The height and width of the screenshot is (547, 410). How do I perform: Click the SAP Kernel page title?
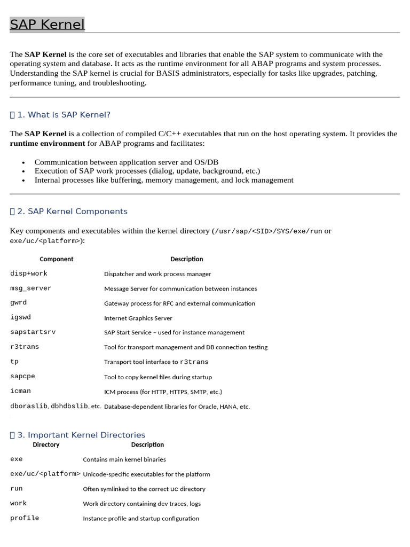point(47,25)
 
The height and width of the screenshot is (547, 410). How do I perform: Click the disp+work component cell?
point(29,273)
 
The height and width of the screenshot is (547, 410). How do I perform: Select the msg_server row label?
point(31,288)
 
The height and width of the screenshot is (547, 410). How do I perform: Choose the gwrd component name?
point(18,303)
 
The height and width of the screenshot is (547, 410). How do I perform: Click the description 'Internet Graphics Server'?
point(138,318)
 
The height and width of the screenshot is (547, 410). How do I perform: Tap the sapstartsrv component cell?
point(33,332)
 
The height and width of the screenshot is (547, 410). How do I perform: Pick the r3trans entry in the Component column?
point(25,347)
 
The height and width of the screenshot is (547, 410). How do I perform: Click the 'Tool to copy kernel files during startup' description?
point(158,377)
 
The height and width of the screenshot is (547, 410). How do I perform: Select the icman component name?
point(20,391)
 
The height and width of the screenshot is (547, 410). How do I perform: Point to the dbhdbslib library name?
point(69,406)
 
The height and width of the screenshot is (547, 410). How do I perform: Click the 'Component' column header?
point(57,259)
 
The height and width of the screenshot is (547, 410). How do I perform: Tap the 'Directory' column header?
point(46,444)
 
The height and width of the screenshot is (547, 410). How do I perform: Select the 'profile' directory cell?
point(25,518)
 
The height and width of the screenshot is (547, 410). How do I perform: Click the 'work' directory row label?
point(18,503)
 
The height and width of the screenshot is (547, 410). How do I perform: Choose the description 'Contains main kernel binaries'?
point(124,459)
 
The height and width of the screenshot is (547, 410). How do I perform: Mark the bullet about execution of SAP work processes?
point(147,171)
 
